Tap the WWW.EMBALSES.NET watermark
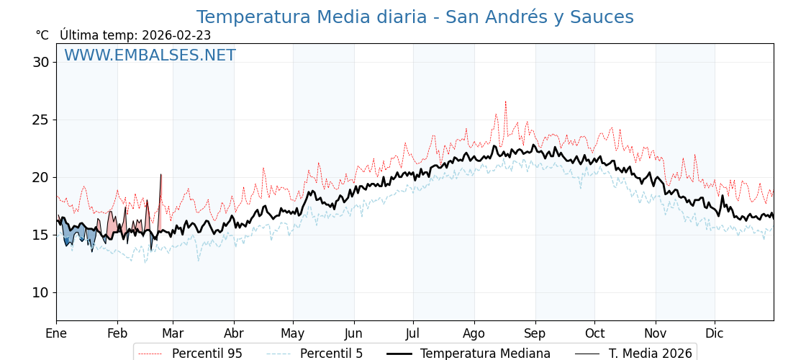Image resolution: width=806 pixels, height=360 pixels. (x=150, y=55)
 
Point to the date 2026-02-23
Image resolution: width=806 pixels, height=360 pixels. (x=176, y=35)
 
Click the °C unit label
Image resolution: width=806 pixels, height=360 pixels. (x=42, y=35)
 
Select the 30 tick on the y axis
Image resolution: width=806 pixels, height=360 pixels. (x=40, y=62)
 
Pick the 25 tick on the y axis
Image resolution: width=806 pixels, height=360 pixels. (x=40, y=120)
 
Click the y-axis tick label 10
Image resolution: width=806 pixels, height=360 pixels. (x=40, y=292)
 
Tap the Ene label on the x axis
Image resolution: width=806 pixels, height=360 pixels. (x=56, y=333)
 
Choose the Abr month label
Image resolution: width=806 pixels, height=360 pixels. (x=234, y=333)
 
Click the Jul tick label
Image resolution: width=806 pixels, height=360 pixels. (x=413, y=333)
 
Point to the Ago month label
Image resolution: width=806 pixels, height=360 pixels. (x=474, y=333)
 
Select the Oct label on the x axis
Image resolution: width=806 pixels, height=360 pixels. (x=594, y=333)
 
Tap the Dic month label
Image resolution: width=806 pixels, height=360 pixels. (x=715, y=333)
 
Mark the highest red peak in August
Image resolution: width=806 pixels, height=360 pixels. (x=505, y=102)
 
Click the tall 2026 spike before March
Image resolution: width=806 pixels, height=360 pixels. (x=160, y=175)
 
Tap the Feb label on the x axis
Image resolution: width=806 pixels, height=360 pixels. (x=117, y=333)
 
